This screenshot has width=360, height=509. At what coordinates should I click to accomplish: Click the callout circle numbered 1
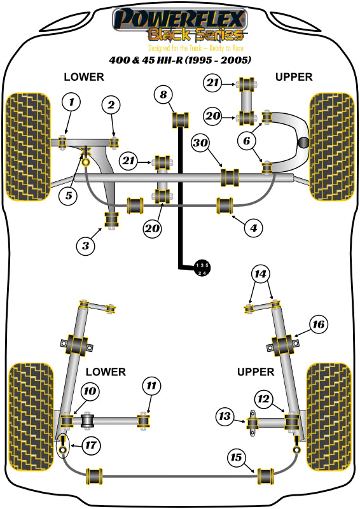72,102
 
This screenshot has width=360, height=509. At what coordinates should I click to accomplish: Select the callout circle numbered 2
111,105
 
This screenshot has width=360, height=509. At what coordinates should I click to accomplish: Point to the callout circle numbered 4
253,227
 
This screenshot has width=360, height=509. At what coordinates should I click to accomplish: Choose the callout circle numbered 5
69,195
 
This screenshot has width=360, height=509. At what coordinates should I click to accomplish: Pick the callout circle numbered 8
163,95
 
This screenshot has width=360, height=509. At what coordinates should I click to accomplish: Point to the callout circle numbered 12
262,399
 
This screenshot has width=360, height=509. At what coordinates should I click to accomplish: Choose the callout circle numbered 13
225,417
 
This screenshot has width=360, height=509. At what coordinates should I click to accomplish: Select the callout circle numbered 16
318,325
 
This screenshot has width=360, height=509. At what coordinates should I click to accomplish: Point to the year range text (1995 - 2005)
219,60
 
